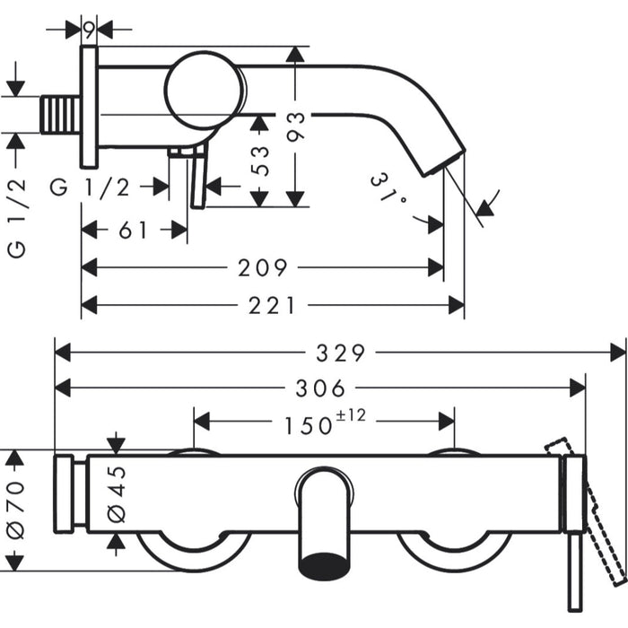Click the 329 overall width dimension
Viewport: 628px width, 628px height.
click(x=341, y=352)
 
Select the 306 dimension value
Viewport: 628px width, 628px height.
click(x=319, y=388)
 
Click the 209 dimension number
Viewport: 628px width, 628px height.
click(x=263, y=267)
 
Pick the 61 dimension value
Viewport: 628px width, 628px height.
click(x=134, y=230)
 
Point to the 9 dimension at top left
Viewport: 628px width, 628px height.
click(x=89, y=29)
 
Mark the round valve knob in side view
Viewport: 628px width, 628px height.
click(x=205, y=91)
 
